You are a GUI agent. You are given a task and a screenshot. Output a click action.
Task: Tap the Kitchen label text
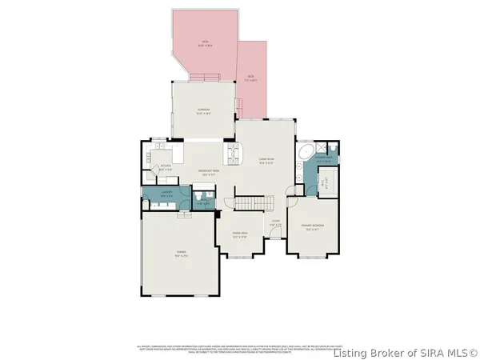click(165, 169)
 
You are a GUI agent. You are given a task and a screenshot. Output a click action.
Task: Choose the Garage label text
click(180, 254)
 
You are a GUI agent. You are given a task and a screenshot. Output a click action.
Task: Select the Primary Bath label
click(323, 161)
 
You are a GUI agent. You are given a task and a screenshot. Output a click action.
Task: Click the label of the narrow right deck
click(250, 79)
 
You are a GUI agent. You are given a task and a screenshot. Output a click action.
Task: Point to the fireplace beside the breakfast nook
click(234, 152)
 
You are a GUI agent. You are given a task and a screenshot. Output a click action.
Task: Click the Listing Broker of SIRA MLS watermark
click(406, 352)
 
